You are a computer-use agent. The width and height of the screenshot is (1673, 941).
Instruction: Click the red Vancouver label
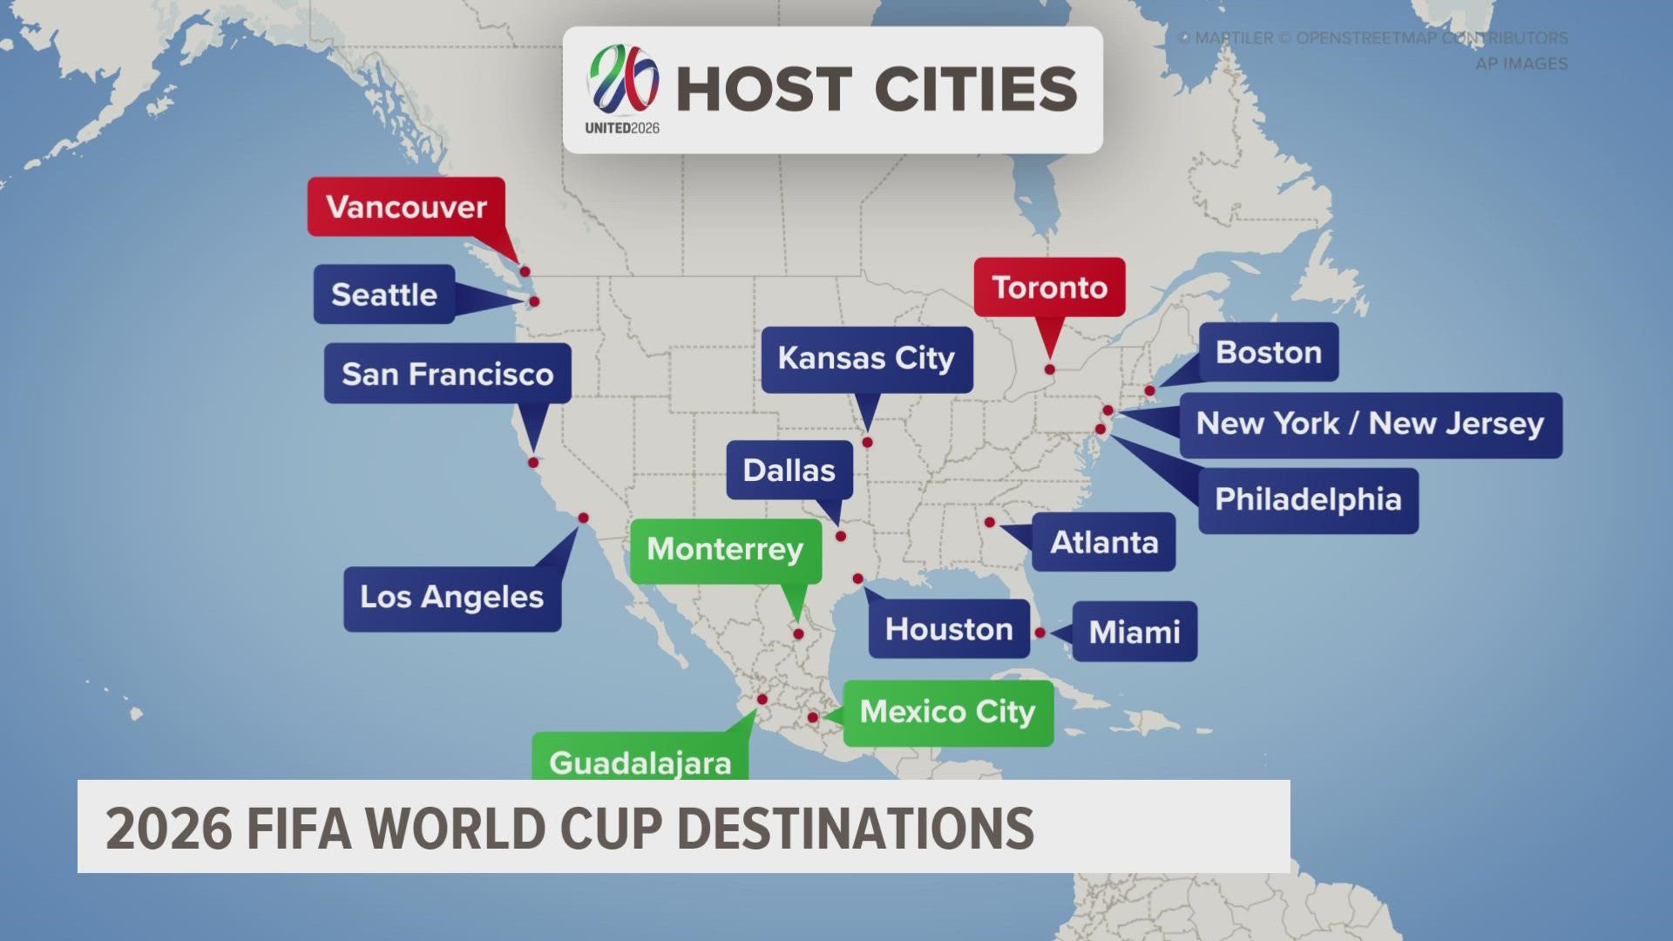[x=406, y=206]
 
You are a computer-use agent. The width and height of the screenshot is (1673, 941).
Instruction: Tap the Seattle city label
[x=384, y=294]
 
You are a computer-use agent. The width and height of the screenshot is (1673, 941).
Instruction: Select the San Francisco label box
[x=447, y=374]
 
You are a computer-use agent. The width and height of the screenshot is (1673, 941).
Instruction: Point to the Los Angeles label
[x=451, y=598]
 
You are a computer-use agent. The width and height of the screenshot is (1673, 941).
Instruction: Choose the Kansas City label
[x=866, y=358]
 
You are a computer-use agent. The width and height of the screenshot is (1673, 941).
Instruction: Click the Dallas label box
[x=789, y=470]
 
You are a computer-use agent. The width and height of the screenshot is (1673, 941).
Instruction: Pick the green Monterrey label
[x=725, y=550]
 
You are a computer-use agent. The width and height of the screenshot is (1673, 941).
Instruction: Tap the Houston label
[x=949, y=629]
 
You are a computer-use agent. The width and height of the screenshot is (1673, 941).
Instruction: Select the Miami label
[x=1135, y=632]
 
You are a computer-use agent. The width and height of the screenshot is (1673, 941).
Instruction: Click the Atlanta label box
[x=1104, y=542]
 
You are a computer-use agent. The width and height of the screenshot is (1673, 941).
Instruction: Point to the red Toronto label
[x=1049, y=288]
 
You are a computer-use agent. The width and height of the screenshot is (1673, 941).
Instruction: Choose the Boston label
[x=1269, y=352]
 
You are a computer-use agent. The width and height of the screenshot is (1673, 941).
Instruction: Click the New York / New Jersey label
[x=1370, y=424]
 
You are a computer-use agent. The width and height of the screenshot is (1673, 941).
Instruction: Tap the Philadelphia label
[x=1308, y=500]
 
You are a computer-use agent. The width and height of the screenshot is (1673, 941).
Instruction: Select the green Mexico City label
[x=947, y=713]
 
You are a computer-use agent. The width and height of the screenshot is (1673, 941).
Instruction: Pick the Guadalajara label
[x=640, y=761]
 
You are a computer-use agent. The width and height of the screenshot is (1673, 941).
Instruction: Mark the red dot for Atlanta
[x=990, y=523]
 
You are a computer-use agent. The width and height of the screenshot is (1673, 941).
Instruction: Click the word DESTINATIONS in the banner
[x=855, y=828]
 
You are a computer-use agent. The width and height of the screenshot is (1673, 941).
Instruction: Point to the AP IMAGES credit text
[x=1521, y=64]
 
